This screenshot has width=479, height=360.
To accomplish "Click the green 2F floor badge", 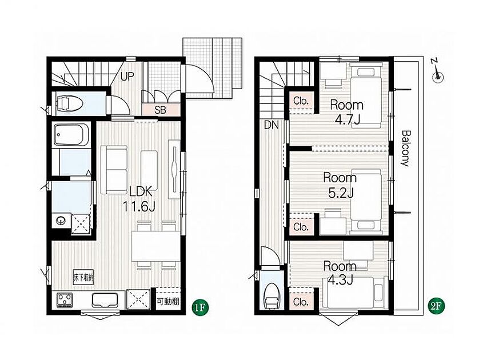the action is click(x=436, y=306).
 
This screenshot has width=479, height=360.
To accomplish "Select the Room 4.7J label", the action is click(x=347, y=112).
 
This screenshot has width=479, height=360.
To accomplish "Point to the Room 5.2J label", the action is click(x=340, y=185).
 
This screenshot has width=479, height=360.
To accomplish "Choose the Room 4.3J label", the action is click(x=340, y=273).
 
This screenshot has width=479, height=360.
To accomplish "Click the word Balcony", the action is click(x=405, y=149).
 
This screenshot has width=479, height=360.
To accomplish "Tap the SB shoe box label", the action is click(x=160, y=110).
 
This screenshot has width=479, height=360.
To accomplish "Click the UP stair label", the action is click(x=127, y=77).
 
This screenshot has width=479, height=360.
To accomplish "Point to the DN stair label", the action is click(x=272, y=125).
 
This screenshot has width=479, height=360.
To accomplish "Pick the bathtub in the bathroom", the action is click(x=70, y=135).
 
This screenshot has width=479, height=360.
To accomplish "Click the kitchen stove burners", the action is click(x=65, y=299).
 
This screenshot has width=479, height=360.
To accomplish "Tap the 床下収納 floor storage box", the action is click(x=83, y=277).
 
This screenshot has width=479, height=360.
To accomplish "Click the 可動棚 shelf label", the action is click(x=167, y=301).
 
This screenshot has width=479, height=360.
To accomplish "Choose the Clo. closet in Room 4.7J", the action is click(x=301, y=101).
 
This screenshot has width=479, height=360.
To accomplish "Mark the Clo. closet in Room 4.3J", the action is click(x=301, y=302).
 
